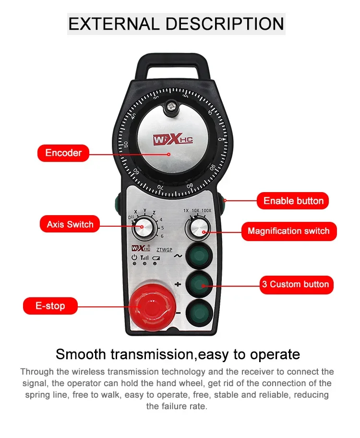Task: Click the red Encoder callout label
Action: tap(63, 153)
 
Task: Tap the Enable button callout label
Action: tap(293, 201)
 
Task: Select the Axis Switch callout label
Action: tap(70, 224)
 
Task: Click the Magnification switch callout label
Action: tap(288, 231)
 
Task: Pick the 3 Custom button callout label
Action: tap(296, 284)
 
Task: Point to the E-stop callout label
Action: tap(50, 306)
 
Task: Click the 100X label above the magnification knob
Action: tap(206, 211)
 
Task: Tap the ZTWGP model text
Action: tap(165, 249)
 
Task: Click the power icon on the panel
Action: tap(134, 258)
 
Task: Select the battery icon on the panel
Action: tap(156, 258)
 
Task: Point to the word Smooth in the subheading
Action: tap(81, 354)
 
